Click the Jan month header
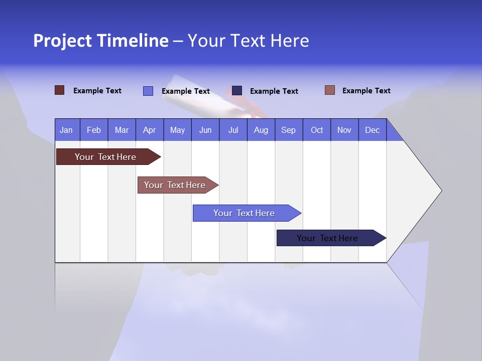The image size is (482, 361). (x=66, y=130)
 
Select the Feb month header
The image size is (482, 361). (x=94, y=130)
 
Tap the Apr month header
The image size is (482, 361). (x=149, y=130)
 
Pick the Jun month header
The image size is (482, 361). (x=205, y=130)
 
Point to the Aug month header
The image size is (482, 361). (x=261, y=130)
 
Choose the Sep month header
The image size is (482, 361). (x=288, y=130)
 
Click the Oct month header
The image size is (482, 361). (x=317, y=130)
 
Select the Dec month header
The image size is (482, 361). (x=372, y=130)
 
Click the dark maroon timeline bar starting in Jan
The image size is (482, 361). (x=105, y=157)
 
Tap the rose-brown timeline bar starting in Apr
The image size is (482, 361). (x=175, y=185)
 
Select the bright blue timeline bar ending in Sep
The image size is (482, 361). (x=244, y=213)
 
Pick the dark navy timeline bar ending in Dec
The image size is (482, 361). (x=327, y=238)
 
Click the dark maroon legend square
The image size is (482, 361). (x=59, y=90)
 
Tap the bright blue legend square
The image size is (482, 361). (x=148, y=91)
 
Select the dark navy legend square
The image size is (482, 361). (x=237, y=90)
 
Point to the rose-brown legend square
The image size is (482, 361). (x=329, y=90)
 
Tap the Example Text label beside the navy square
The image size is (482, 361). (x=274, y=91)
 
